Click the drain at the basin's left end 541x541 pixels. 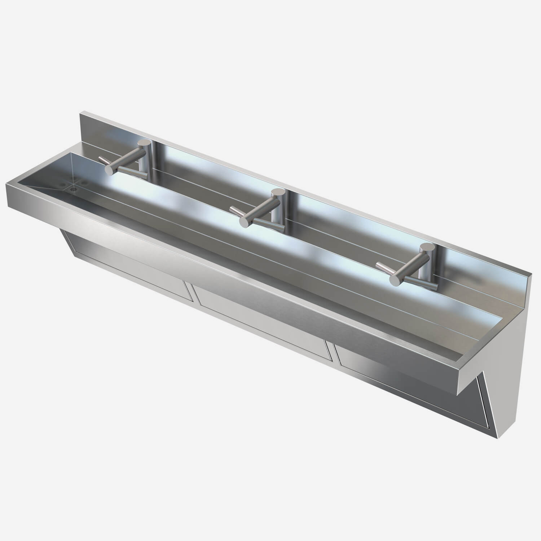75,188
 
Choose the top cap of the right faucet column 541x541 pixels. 427,248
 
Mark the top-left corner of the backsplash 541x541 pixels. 80,113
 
